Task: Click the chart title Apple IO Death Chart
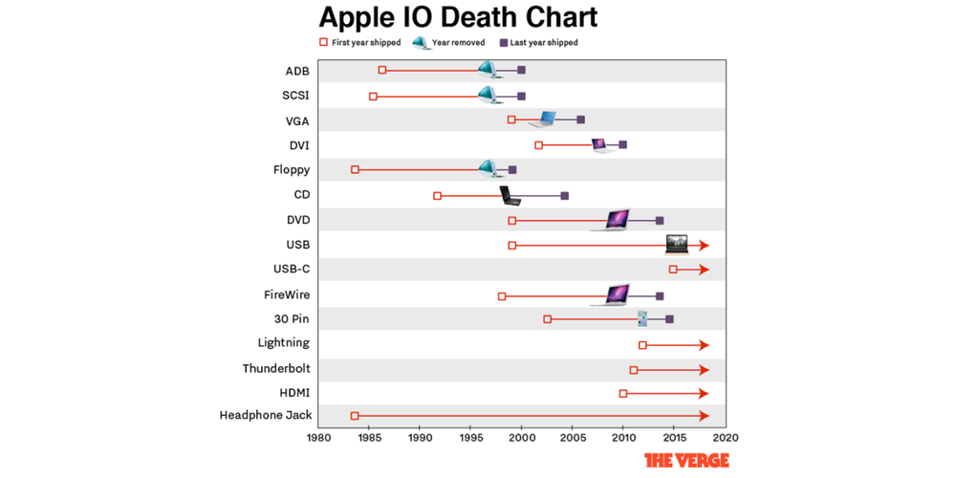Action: (458, 17)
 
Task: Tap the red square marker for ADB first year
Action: (382, 70)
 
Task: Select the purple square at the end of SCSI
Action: (521, 97)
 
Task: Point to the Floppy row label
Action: (291, 170)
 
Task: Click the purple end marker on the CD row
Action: (564, 196)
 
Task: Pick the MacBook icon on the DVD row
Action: (613, 220)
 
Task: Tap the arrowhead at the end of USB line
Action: (705, 246)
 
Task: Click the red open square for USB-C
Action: (673, 270)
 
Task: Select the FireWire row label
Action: (286, 295)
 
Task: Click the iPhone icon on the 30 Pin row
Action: (642, 318)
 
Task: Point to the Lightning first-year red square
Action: (642, 345)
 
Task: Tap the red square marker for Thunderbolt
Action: (633, 370)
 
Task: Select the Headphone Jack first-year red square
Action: (355, 416)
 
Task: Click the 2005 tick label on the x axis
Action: (572, 438)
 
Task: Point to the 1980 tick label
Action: (317, 438)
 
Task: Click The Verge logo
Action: (686, 461)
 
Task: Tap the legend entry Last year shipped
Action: (543, 43)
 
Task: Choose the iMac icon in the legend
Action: (420, 43)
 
